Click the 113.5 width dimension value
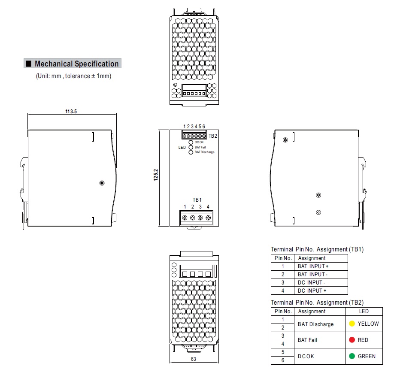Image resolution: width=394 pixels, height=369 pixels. (71, 111)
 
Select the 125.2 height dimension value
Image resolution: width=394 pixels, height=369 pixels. (156, 175)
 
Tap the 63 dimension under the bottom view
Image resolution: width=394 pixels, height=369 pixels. (193, 359)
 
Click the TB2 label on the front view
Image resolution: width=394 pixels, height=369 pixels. (212, 136)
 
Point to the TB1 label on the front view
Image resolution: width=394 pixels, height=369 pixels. (197, 200)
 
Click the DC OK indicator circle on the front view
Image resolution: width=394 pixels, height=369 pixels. (191, 142)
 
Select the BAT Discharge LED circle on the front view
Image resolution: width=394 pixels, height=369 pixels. (191, 152)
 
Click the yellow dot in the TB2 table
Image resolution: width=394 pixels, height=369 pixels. (352, 324)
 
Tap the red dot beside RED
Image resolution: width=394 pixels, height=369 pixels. (352, 340)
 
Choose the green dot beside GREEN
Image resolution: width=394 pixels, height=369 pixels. (352, 356)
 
